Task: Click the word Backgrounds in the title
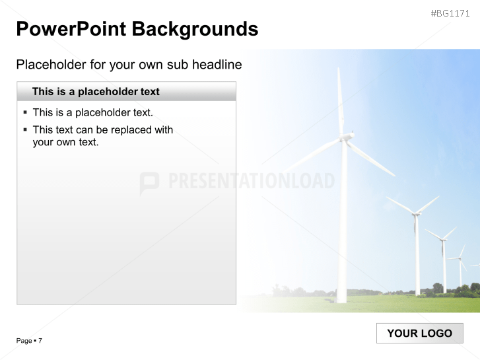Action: pyautogui.click(x=195, y=29)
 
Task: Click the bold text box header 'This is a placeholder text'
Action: pyautogui.click(x=96, y=92)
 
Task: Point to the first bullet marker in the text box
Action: pyautogui.click(x=25, y=112)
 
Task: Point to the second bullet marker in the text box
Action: pyautogui.click(x=25, y=129)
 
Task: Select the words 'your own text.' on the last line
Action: pyautogui.click(x=65, y=141)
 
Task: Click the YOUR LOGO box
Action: pyautogui.click(x=419, y=333)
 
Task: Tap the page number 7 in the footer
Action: pyautogui.click(x=40, y=341)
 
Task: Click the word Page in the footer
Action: pyautogui.click(x=24, y=341)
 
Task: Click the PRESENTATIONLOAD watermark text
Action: pyautogui.click(x=252, y=181)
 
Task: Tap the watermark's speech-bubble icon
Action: pyautogui.click(x=149, y=183)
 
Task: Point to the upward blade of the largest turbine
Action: pyautogui.click(x=340, y=99)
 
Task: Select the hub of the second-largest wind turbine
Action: pyautogui.click(x=415, y=213)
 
